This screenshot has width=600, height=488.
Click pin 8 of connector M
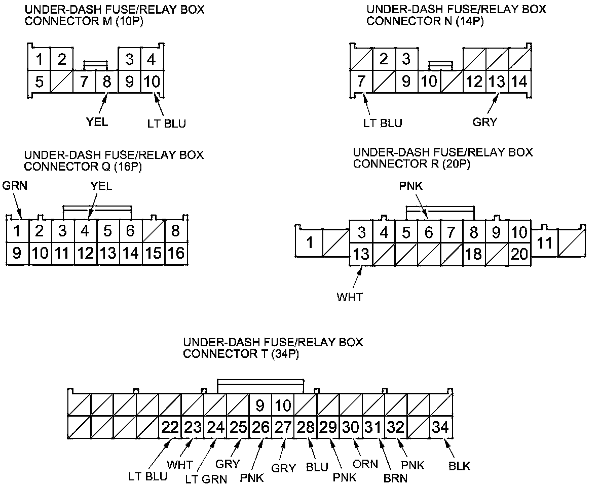(106, 82)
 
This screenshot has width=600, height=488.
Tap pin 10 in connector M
(152, 82)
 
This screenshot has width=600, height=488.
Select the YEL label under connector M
(97, 122)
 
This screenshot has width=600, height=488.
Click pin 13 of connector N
(497, 82)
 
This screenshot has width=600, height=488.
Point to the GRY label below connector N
(485, 122)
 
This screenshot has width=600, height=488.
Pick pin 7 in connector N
(361, 82)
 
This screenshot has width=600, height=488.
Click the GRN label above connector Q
(15, 186)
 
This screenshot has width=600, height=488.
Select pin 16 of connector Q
(176, 253)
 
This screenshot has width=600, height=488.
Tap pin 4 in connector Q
(85, 231)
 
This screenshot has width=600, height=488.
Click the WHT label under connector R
(350, 297)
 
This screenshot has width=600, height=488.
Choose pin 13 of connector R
(361, 254)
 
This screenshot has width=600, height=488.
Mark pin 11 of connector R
(544, 243)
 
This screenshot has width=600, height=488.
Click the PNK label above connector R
(410, 187)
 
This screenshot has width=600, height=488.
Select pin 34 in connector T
(440, 427)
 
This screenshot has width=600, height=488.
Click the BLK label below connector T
(459, 466)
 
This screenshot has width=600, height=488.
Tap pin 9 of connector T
(260, 405)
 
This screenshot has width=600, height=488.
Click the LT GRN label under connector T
(206, 478)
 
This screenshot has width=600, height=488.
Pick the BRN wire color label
(395, 478)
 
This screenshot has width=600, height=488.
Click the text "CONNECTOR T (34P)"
(241, 354)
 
